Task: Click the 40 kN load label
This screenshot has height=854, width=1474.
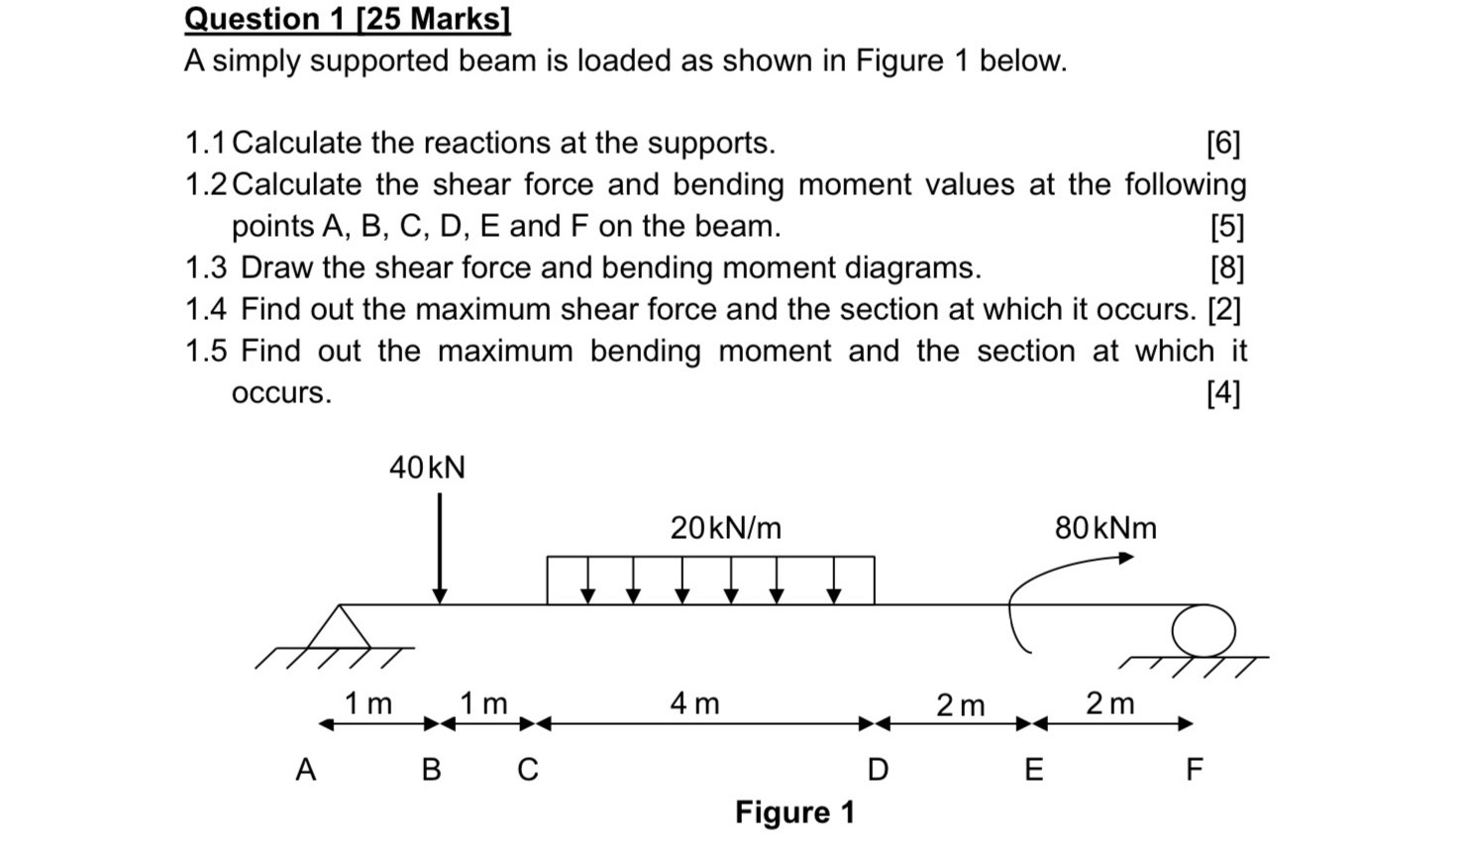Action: pos(427,468)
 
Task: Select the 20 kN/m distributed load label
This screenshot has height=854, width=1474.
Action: pos(725,528)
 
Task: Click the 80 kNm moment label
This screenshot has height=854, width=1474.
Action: pos(1105,528)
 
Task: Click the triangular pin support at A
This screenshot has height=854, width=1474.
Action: pos(339,628)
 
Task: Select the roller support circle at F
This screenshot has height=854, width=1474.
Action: pos(1204,630)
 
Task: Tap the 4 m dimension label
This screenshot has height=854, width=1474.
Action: pos(694,703)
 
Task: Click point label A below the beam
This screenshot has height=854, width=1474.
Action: pos(306,769)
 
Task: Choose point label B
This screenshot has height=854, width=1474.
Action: pos(431,769)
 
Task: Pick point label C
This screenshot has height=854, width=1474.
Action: pos(528,769)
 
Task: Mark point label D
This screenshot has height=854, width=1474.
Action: pos(878,769)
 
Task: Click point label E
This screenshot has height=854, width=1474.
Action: pos(1033,769)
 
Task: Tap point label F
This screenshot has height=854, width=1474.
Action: pos(1195,769)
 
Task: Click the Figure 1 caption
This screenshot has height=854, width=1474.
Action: pos(794,812)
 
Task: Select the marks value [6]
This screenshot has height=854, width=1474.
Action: pos(1223,144)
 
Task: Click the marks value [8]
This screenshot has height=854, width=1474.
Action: pos(1226,268)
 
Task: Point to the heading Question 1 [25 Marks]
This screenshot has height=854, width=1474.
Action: pos(348,19)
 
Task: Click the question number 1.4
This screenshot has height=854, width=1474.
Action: pos(206,310)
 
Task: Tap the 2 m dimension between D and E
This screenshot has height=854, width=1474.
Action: pos(960,705)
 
